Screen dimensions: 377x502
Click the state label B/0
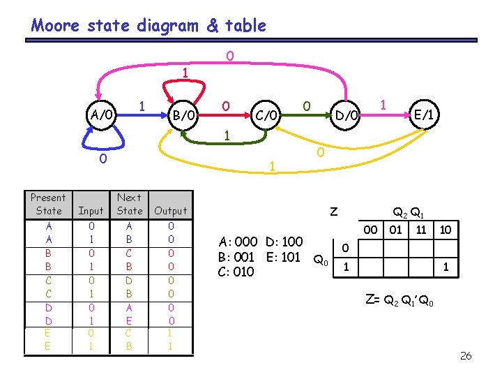pos(185,114)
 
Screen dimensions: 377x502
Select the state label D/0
pos(347,114)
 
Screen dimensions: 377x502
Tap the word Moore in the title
pos(58,26)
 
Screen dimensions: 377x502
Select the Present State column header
pos(48,204)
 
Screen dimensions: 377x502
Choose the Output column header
pos(171,210)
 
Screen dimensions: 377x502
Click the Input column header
pos(91,210)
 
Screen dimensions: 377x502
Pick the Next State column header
pos(130,204)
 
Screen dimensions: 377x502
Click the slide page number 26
pos(466,356)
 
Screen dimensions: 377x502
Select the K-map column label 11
pos(421,229)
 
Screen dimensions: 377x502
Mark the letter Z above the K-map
pos(334,211)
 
